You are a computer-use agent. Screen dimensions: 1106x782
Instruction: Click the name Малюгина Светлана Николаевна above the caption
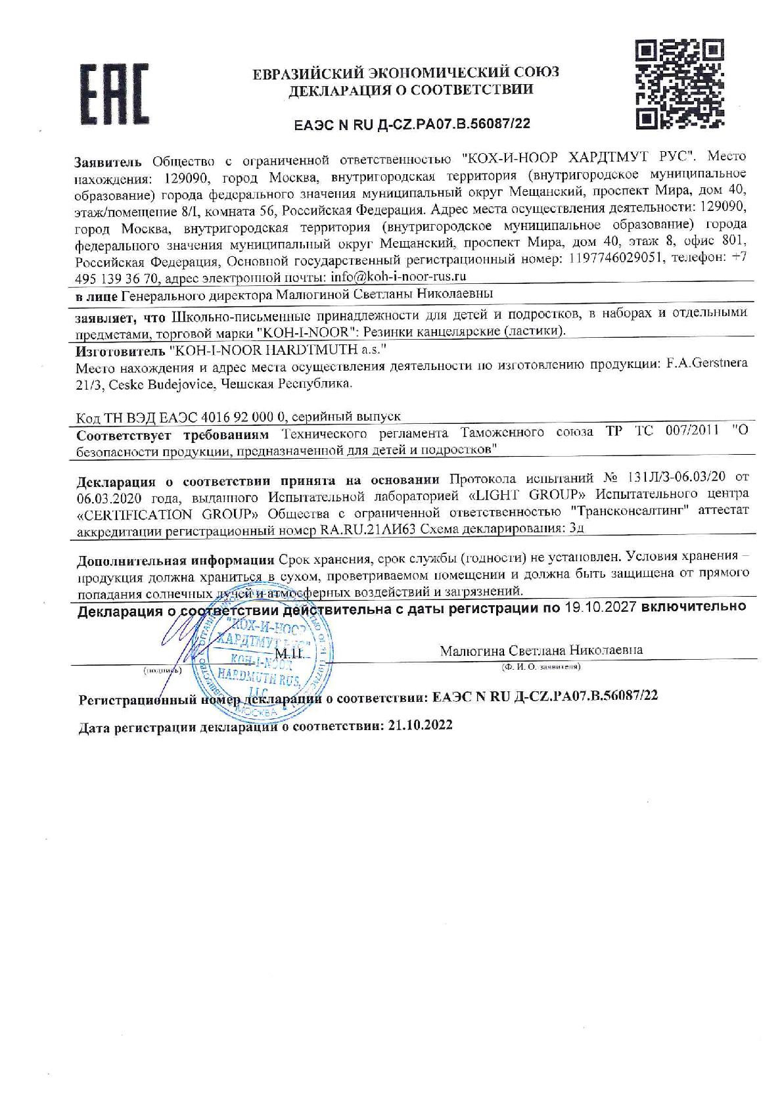click(541, 651)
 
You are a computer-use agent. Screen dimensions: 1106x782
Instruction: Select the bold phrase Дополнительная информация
click(175, 561)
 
